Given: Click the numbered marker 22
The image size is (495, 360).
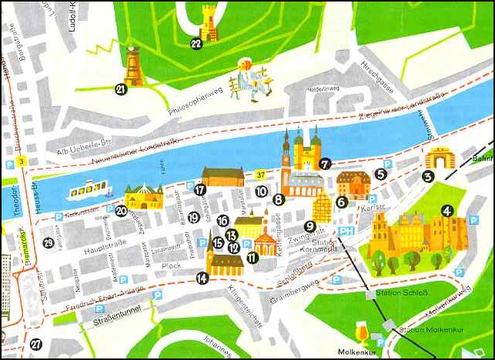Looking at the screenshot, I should tap(196, 44).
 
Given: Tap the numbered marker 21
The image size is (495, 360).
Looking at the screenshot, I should tap(121, 89).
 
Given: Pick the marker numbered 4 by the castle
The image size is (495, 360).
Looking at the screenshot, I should tap(447, 209).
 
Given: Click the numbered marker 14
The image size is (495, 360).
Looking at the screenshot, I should tap(202, 278).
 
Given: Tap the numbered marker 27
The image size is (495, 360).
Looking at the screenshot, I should tap(35, 345).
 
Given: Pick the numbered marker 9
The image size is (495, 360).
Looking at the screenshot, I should tap(309, 226).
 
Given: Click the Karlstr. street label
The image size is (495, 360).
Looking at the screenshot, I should tap(373, 207).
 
